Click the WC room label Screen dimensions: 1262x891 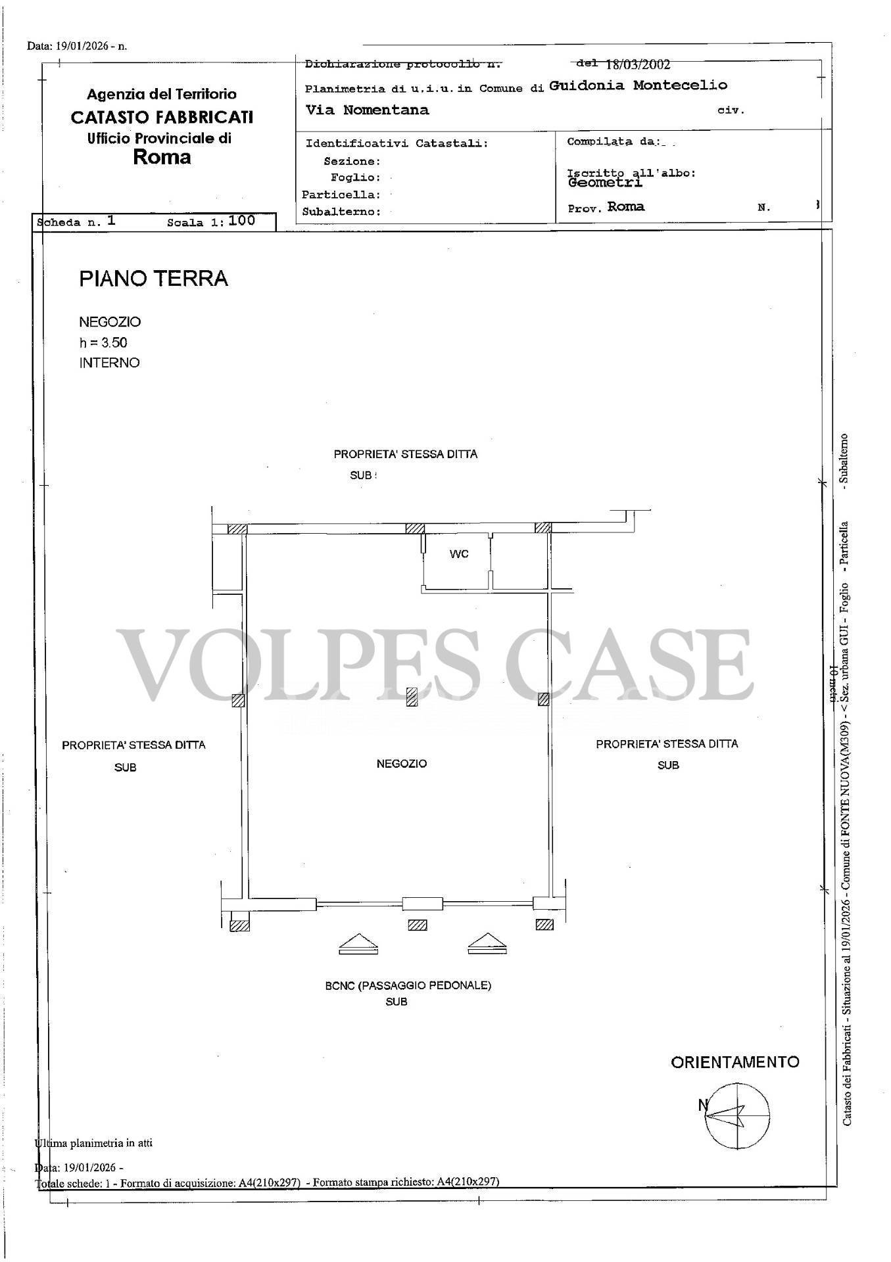459,554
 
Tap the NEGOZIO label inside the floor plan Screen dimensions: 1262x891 402,764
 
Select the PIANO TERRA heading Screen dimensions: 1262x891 153,279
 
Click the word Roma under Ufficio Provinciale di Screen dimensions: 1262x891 162,157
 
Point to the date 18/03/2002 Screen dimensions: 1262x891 637,64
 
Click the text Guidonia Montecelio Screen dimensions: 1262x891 638,85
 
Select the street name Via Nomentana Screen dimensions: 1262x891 367,110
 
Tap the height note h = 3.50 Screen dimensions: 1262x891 103,342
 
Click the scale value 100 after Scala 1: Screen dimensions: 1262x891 242,221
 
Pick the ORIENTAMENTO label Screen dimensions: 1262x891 734,1062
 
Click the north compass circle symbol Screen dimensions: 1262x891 737,1117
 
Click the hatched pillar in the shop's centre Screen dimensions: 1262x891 412,697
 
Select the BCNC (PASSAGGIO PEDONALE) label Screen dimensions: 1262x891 408,986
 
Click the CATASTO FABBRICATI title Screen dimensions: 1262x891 162,118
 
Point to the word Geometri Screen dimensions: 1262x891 605,183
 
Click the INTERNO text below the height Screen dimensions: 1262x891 110,363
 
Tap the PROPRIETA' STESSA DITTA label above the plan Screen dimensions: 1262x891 405,454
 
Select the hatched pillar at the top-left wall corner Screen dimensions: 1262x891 237,529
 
